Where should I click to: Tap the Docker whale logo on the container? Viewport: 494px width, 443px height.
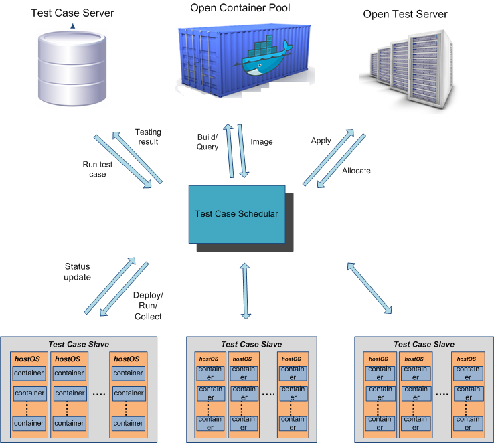(x=267, y=60)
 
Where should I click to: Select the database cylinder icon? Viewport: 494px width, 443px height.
(x=72, y=66)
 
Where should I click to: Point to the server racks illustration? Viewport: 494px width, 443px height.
(x=405, y=66)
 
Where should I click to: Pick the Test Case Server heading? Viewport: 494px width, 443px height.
(x=72, y=13)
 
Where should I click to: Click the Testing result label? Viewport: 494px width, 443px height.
(x=147, y=137)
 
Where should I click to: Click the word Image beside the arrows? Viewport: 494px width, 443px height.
(x=262, y=142)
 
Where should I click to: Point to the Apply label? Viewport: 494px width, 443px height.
(x=321, y=141)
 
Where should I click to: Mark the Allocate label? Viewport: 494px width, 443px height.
(x=356, y=171)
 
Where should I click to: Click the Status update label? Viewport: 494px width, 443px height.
(x=77, y=272)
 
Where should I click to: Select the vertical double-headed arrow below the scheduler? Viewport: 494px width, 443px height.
(x=245, y=291)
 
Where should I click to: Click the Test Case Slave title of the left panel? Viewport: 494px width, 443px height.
(x=78, y=344)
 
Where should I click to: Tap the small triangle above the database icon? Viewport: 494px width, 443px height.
(x=72, y=26)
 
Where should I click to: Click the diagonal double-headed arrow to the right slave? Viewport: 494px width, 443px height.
(x=368, y=288)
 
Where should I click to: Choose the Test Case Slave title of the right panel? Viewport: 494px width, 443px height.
(x=424, y=344)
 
